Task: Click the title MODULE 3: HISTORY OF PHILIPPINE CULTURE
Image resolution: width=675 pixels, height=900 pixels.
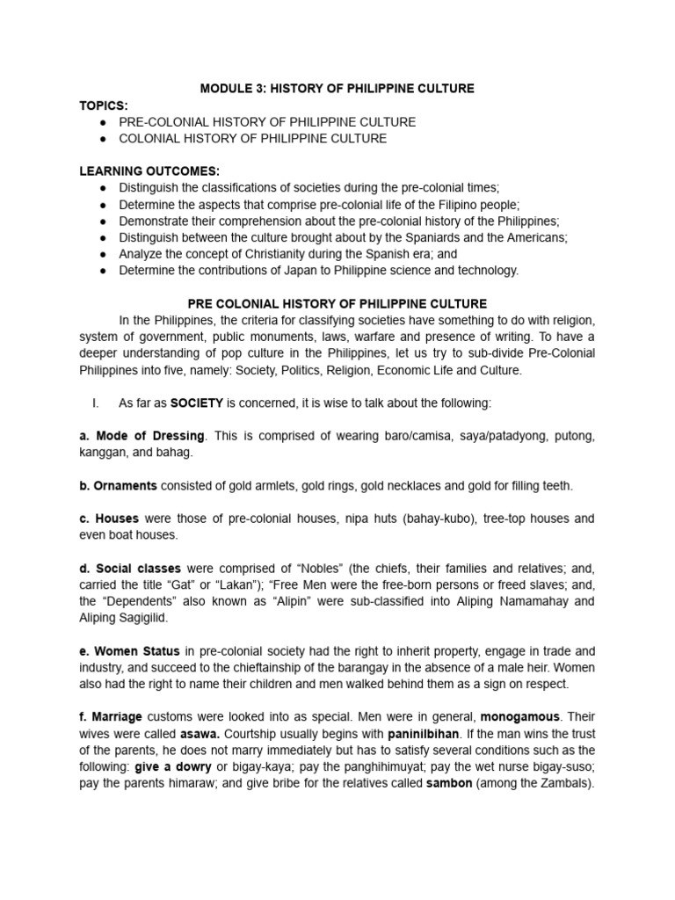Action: (337, 89)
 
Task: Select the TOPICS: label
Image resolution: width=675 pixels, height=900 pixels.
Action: (103, 105)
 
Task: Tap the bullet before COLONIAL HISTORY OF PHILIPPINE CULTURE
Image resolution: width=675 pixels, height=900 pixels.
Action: (104, 139)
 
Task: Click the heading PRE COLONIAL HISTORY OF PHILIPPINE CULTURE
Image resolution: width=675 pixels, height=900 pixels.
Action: (337, 304)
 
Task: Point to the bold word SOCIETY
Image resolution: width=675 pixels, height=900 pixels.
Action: (199, 403)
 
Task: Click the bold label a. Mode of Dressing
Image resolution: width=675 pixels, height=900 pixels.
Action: (142, 436)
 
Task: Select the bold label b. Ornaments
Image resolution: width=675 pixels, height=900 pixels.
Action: (119, 485)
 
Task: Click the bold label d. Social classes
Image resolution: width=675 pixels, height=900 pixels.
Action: (130, 568)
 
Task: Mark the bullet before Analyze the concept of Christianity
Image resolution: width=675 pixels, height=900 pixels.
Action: (104, 254)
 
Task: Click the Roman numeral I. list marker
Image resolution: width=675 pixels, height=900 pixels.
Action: (94, 403)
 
